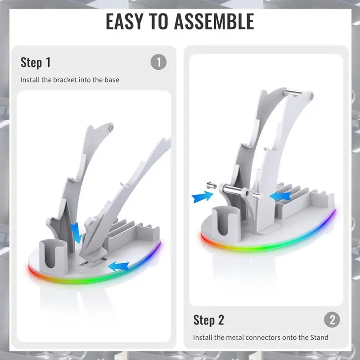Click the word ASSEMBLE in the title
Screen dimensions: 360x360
tap(214, 21)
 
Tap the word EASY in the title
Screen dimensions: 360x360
tap(125, 21)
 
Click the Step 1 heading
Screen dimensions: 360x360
tap(36, 62)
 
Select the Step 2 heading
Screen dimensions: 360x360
tap(208, 320)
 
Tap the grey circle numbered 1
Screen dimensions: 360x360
tap(159, 62)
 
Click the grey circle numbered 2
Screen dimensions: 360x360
tap(332, 319)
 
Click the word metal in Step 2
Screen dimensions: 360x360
tap(233, 337)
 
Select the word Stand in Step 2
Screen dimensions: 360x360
tap(319, 337)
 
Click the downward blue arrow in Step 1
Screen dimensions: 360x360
tap(76, 233)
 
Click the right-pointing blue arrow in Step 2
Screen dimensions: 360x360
tap(202, 197)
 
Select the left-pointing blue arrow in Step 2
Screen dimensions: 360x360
tap(280, 196)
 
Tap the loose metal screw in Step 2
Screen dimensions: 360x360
tap(211, 185)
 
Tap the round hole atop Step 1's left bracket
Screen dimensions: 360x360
tap(111, 127)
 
